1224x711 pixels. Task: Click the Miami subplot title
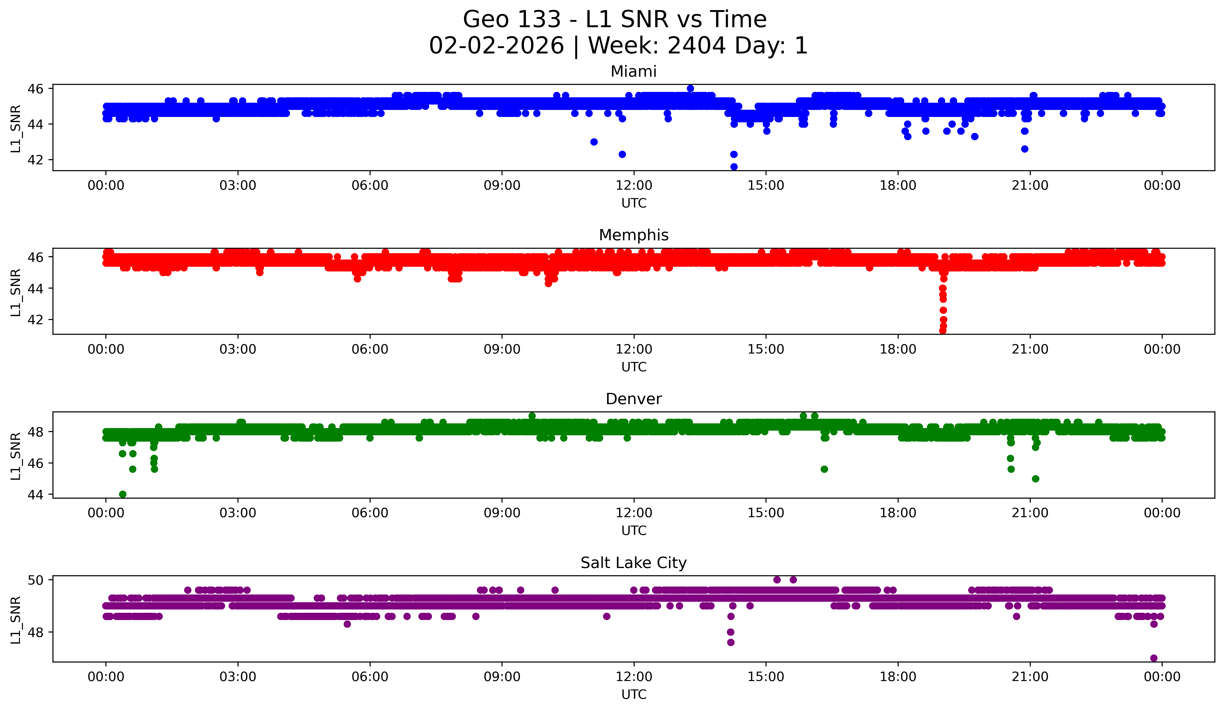633,71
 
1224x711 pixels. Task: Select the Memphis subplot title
633,235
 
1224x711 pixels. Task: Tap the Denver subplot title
633,399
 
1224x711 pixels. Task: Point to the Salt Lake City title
633,563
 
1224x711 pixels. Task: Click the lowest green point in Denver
122,494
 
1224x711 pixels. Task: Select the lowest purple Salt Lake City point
1153,658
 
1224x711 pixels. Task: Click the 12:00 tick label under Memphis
634,349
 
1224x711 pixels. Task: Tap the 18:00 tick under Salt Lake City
898,677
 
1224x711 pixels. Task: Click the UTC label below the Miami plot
634,203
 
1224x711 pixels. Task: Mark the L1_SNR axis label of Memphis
15,292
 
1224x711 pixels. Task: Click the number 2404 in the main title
696,46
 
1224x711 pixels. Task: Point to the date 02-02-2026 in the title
496,46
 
